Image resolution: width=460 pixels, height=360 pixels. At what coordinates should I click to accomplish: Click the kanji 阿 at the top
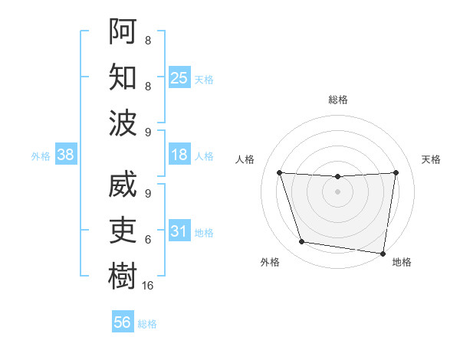pos(123,31)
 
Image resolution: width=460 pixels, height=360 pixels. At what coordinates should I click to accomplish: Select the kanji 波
pos(123,123)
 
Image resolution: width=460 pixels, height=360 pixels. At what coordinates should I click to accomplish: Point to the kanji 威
pos(123,185)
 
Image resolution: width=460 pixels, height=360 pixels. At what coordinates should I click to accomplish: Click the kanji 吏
pos(123,231)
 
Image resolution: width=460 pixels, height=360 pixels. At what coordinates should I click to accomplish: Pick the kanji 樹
pos(123,277)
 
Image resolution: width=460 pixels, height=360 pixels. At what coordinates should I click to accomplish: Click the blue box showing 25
pos(179,77)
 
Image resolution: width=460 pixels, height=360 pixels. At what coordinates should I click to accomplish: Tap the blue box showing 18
pos(179,155)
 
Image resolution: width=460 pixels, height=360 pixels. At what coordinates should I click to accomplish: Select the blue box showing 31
pos(179,231)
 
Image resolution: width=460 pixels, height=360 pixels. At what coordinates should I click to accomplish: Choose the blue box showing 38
pos(65,155)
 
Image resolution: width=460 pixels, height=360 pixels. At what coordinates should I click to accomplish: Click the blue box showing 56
pos(123,322)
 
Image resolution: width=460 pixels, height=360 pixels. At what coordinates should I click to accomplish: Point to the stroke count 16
pos(148,286)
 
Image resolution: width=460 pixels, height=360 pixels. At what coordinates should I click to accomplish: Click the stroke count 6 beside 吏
pos(148,240)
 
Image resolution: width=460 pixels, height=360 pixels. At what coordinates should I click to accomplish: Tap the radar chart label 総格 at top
pos(338,100)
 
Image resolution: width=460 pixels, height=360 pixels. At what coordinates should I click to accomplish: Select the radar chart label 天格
pos(431,159)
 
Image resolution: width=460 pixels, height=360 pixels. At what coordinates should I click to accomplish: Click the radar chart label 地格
pos(402,262)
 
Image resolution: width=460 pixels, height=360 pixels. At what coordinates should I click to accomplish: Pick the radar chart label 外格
pos(269,262)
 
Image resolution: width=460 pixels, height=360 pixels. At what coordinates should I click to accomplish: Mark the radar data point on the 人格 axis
pos(280,172)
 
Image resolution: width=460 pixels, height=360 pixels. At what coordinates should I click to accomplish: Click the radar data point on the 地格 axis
pos(383,253)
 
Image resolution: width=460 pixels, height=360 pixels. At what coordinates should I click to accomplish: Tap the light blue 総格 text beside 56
pos(147,324)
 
